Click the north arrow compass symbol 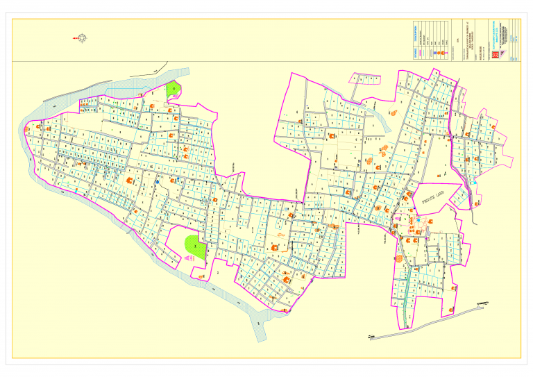(x=82, y=38)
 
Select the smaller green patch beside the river (x=172, y=90)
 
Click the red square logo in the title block (x=496, y=54)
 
